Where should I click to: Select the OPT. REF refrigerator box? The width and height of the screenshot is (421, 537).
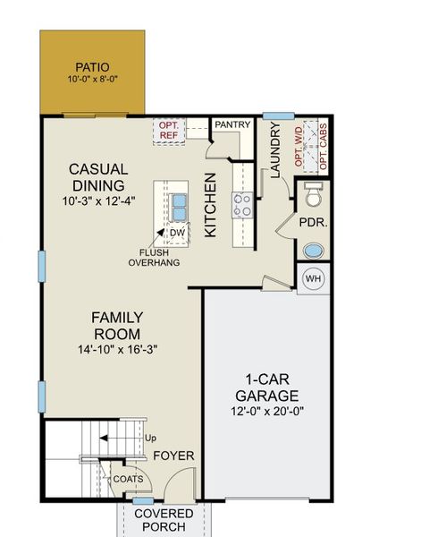click(x=169, y=130)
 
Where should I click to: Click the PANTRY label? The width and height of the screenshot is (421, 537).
click(x=232, y=124)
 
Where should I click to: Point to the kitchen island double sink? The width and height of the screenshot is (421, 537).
click(x=179, y=207)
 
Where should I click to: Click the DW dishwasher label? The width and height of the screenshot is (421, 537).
click(x=177, y=234)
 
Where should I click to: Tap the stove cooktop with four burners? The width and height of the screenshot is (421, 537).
click(x=242, y=206)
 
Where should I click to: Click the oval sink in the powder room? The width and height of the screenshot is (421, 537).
click(x=314, y=251)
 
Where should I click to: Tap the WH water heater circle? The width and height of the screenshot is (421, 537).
click(x=313, y=279)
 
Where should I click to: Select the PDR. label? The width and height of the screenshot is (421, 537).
click(x=312, y=222)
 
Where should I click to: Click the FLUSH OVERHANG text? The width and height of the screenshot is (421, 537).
click(x=154, y=258)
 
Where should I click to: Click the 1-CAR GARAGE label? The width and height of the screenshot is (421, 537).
click(x=266, y=388)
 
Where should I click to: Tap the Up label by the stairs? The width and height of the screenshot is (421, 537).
click(x=150, y=439)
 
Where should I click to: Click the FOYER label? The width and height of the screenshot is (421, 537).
click(x=173, y=456)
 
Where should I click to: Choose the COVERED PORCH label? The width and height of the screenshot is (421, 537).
click(x=163, y=519)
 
